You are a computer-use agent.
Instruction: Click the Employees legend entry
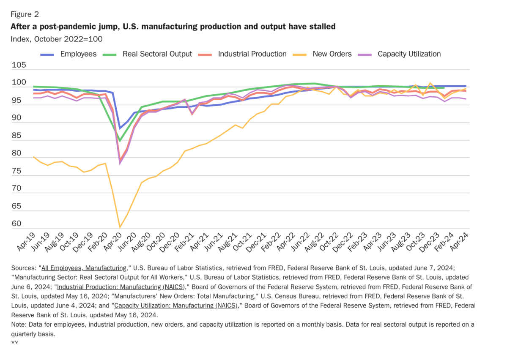click(78, 54)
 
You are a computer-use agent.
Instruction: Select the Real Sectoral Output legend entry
click(157, 54)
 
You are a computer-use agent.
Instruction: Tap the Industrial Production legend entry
click(252, 54)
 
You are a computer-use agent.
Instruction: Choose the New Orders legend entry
click(332, 54)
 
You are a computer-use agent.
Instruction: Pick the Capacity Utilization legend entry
click(409, 54)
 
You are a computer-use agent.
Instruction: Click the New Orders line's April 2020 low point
click(120, 227)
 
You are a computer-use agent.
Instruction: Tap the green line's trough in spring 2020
click(120, 140)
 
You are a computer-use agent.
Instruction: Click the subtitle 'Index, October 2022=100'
click(57, 39)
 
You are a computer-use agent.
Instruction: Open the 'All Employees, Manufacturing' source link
click(84, 268)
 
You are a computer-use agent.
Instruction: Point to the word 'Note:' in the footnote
click(19, 325)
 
